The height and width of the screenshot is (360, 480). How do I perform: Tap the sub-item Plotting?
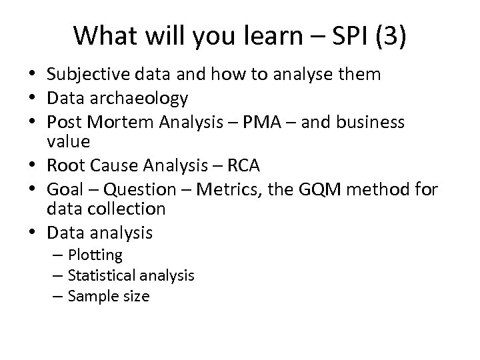pyautogui.click(x=95, y=255)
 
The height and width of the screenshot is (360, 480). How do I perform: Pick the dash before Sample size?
pyautogui.click(x=60, y=295)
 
